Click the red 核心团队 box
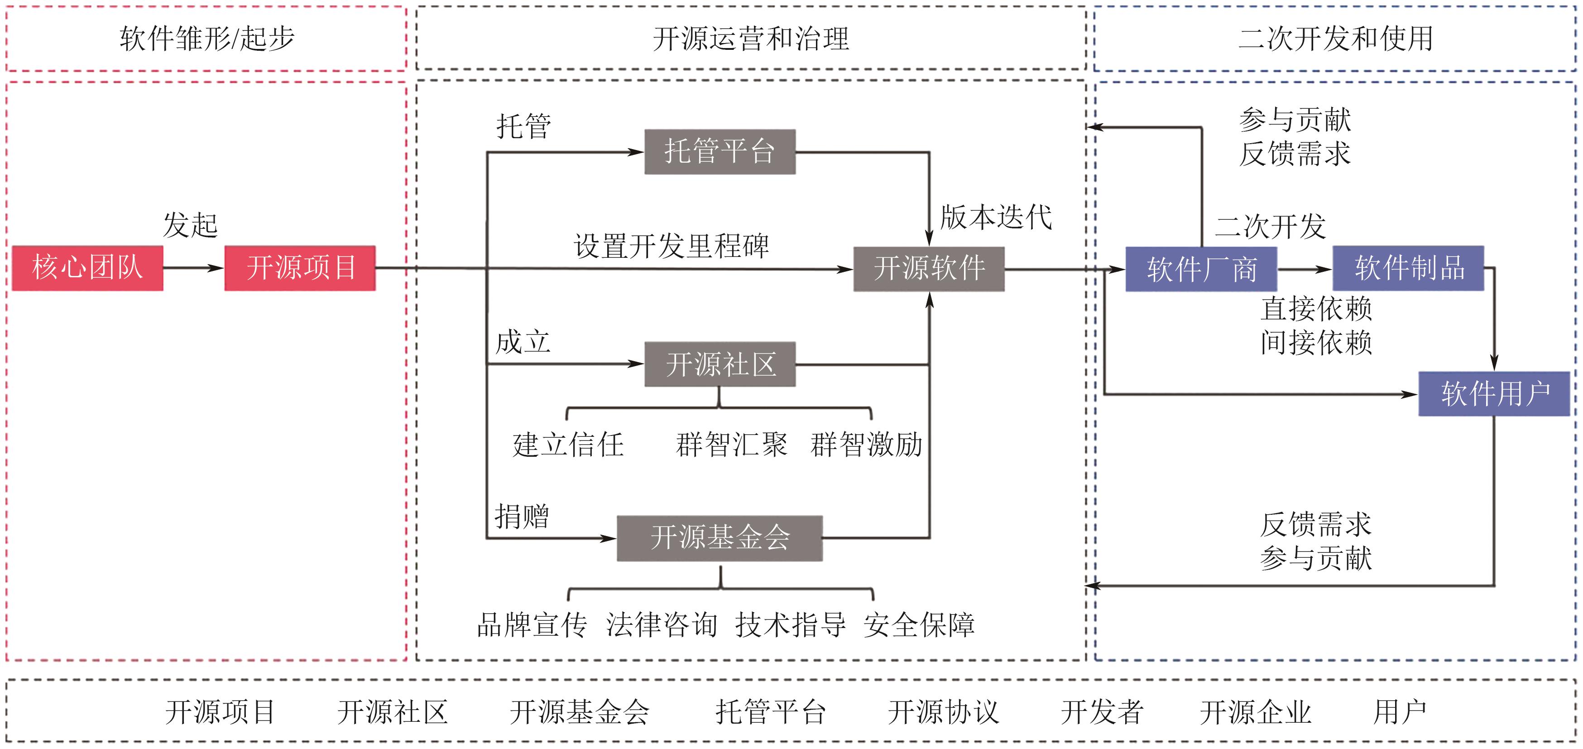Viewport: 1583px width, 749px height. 87,268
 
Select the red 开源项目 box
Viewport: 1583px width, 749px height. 300,268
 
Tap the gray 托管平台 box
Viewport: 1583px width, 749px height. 720,151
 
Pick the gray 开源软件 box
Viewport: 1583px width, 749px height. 929,269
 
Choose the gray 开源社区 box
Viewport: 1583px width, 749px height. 720,364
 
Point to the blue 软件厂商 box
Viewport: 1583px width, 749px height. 1201,269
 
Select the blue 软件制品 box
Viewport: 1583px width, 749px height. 1408,268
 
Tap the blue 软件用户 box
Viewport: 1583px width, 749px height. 1494,394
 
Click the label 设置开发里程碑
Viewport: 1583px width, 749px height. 671,246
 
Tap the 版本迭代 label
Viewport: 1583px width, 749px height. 996,217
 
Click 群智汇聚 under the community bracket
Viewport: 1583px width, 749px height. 731,445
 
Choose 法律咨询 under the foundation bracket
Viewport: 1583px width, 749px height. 661,625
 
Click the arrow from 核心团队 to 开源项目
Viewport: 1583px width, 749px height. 194,268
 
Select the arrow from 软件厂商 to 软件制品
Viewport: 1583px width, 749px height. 1304,269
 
